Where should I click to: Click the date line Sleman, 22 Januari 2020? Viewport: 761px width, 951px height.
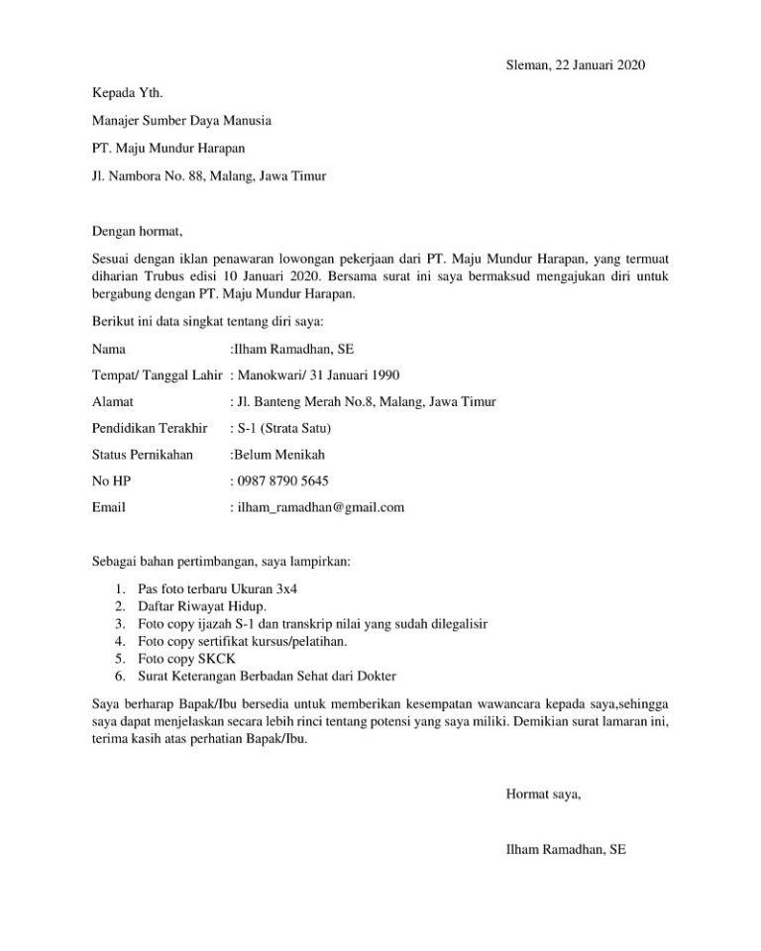tap(561, 66)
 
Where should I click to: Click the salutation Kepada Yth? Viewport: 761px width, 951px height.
tap(127, 94)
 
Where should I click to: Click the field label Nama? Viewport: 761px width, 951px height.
tap(108, 349)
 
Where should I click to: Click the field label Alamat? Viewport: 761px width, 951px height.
tap(112, 402)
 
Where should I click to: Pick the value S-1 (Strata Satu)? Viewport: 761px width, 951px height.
tap(284, 429)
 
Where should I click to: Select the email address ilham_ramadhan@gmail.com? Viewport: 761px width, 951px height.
tap(320, 507)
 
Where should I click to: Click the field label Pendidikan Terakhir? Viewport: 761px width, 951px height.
tap(149, 429)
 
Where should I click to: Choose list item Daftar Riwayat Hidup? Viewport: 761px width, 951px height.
tap(202, 605)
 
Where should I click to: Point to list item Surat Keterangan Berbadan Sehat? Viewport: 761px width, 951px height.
tap(268, 677)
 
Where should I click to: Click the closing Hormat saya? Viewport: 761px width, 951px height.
tap(543, 793)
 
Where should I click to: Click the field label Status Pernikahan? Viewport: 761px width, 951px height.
tap(142, 455)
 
